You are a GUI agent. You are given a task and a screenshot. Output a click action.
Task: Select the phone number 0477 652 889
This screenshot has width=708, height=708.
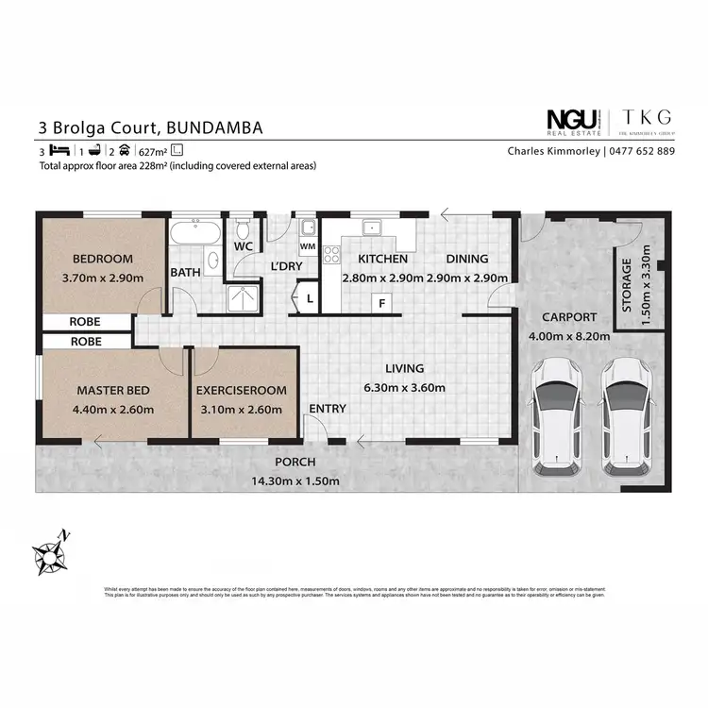[640, 151]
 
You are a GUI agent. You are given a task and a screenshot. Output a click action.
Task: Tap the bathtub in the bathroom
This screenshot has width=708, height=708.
[195, 232]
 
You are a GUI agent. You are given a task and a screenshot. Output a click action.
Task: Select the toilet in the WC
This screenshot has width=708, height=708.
[243, 229]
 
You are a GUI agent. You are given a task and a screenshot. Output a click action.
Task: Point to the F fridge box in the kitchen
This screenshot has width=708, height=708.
[381, 304]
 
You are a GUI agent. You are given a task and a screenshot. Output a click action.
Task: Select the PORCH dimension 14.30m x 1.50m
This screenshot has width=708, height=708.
[295, 480]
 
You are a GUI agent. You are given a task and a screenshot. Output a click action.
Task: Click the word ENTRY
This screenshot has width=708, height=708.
[328, 409]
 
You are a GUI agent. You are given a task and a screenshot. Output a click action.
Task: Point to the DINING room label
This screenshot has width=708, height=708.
[467, 259]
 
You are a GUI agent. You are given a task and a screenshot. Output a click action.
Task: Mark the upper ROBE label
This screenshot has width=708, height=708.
[85, 322]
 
